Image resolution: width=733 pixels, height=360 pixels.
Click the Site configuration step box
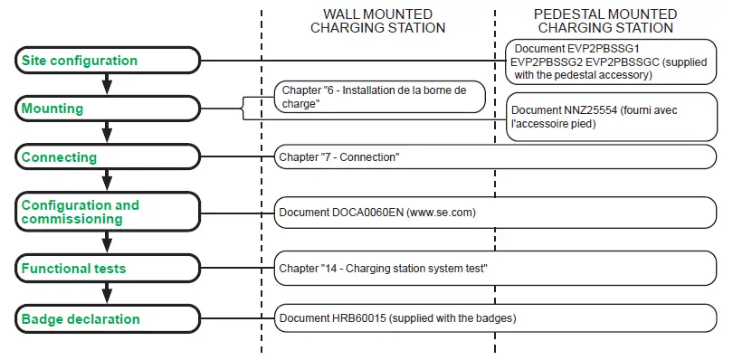[x=107, y=61]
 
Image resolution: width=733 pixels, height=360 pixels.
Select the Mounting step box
[x=107, y=109]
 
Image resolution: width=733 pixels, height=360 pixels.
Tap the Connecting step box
[x=107, y=157]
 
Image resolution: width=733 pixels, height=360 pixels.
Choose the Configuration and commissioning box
[x=107, y=212]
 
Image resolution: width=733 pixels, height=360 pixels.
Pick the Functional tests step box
[x=107, y=268]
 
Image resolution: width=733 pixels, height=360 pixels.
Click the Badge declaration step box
[x=107, y=318]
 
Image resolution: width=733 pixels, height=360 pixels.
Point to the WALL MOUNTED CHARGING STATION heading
[x=377, y=21]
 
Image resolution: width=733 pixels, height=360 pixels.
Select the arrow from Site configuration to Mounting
[x=107, y=84]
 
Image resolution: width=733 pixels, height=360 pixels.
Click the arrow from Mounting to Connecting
[x=107, y=133]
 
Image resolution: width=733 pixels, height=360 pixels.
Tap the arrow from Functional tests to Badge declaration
[x=107, y=293]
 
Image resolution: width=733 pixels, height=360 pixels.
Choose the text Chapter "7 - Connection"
[x=339, y=157]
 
